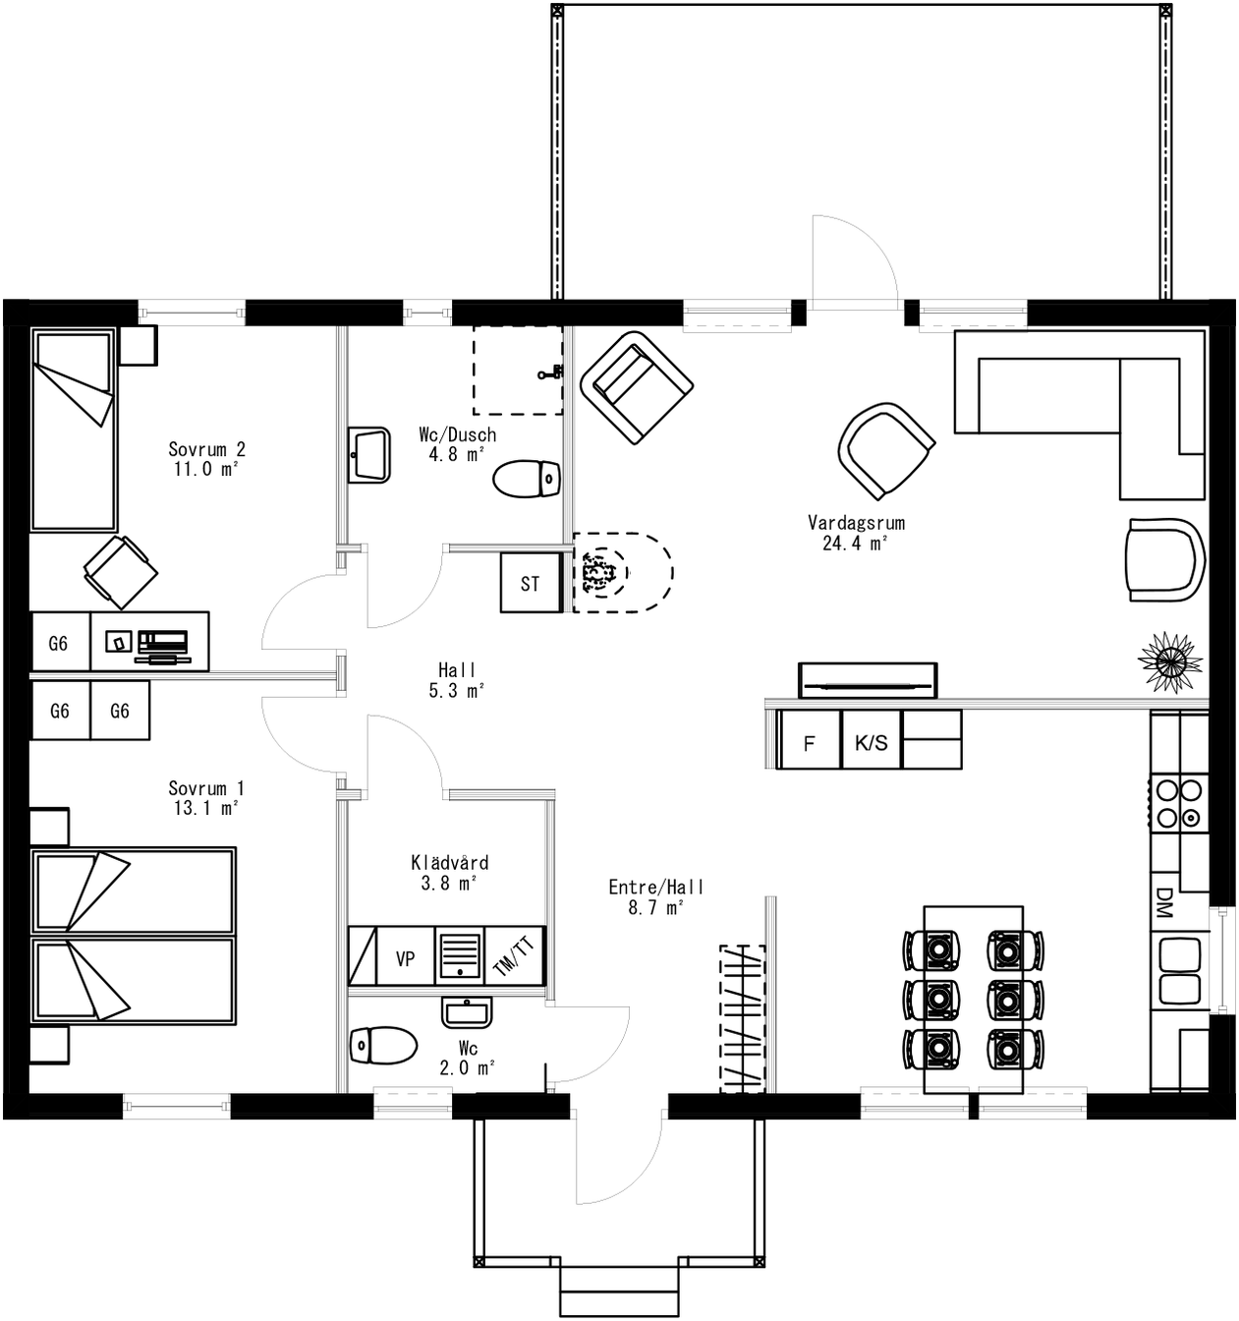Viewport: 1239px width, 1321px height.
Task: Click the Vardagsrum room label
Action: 856,523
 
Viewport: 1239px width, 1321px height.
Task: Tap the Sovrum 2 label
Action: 206,450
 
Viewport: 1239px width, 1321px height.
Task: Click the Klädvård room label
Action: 449,863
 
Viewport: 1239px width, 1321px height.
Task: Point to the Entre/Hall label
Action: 655,888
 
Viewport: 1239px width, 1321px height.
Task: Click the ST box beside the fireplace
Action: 530,584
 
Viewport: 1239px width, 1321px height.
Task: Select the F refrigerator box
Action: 809,743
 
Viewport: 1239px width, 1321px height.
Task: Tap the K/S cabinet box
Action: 871,743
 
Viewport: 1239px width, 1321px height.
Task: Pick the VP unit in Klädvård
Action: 405,958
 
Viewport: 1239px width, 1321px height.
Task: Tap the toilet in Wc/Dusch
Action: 526,480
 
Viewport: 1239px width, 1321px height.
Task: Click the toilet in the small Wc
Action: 382,1045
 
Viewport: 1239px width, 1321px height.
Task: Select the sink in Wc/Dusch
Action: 369,455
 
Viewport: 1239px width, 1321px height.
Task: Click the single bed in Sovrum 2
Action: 74,431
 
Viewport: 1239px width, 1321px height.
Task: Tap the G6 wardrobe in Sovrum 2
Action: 59,643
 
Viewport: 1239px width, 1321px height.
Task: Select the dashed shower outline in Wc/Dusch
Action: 518,370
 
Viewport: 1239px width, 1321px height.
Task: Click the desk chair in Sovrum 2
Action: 120,571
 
